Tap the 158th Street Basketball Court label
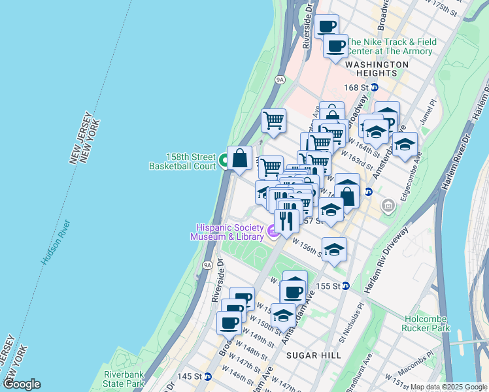point(182,161)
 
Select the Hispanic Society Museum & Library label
point(227,232)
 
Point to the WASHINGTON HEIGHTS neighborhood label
point(377,65)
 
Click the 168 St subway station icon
point(375,88)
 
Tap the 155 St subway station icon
point(346,286)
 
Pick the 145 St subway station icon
point(208,376)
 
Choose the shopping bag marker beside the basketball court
point(240,159)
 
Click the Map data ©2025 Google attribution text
point(448,387)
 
